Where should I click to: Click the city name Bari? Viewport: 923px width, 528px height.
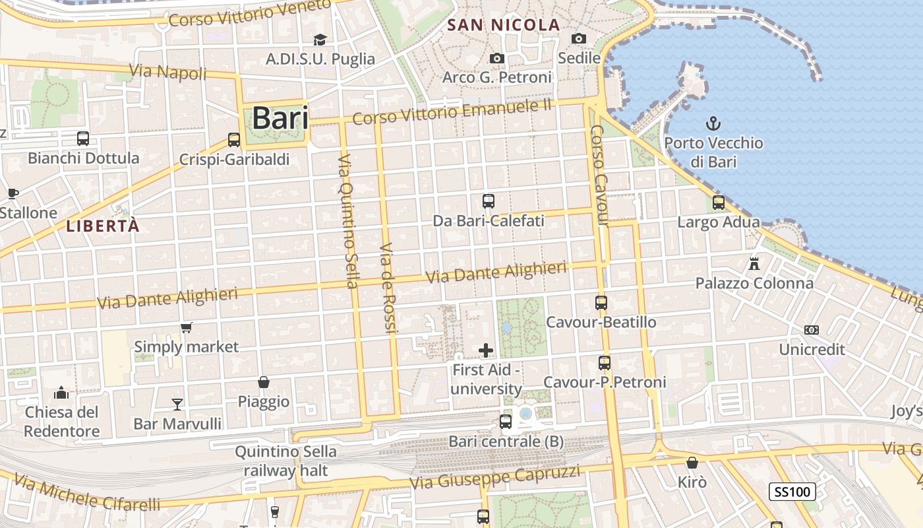point(280,118)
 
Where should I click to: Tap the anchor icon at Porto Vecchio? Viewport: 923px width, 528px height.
point(713,123)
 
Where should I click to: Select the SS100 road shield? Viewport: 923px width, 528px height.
point(792,492)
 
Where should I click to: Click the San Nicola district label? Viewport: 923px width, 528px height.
point(504,26)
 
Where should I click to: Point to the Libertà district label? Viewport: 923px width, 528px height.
point(103,226)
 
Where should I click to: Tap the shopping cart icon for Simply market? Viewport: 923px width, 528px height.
point(187,327)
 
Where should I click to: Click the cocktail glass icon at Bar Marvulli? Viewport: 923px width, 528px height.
point(177,404)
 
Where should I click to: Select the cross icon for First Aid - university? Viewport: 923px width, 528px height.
point(486,350)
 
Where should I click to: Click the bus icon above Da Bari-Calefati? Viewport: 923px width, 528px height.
point(489,201)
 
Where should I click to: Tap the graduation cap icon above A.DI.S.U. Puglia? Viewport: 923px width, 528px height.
point(320,40)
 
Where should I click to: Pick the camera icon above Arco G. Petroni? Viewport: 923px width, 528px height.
point(497,59)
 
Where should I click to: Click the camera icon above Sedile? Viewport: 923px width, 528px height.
point(579,39)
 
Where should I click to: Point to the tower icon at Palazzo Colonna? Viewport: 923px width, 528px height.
point(754,264)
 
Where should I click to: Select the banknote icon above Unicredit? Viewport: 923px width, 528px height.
point(812,330)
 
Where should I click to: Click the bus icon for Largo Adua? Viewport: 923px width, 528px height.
point(719,203)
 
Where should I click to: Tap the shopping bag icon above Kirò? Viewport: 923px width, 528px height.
point(692,463)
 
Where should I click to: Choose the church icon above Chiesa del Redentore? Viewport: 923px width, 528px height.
point(61,393)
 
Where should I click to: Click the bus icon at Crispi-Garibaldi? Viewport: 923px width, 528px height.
point(234,140)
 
